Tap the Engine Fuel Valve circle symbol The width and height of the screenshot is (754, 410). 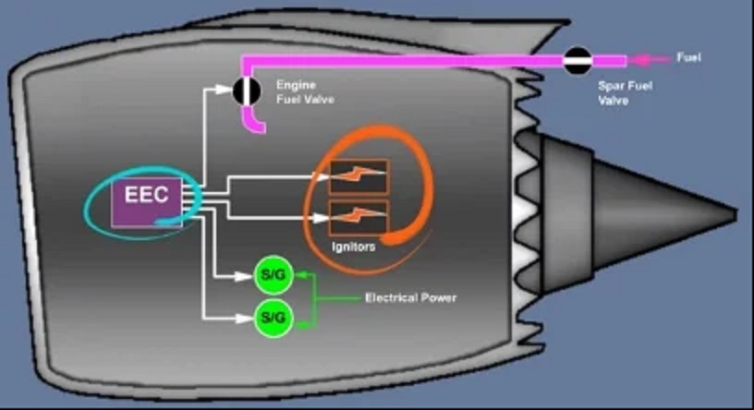246,90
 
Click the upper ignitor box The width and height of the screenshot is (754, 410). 359,175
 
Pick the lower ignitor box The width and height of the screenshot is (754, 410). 359,219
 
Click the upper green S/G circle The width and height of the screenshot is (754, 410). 274,275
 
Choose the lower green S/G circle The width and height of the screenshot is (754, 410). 274,318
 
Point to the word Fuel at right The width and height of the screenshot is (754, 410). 689,57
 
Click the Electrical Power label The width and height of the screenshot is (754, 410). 410,298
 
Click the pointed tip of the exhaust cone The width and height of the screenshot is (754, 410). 736,214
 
